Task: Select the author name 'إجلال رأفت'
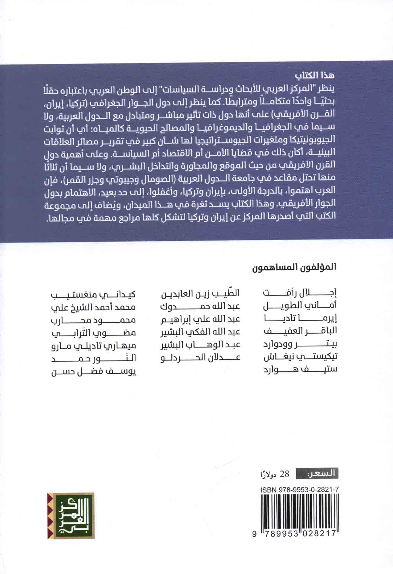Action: (300, 293)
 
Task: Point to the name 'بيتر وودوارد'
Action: (300, 344)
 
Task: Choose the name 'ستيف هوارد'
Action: (300, 369)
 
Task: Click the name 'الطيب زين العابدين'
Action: (200, 293)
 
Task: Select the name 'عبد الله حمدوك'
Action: (200, 306)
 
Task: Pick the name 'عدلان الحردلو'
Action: (200, 357)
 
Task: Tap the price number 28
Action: (285, 474)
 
